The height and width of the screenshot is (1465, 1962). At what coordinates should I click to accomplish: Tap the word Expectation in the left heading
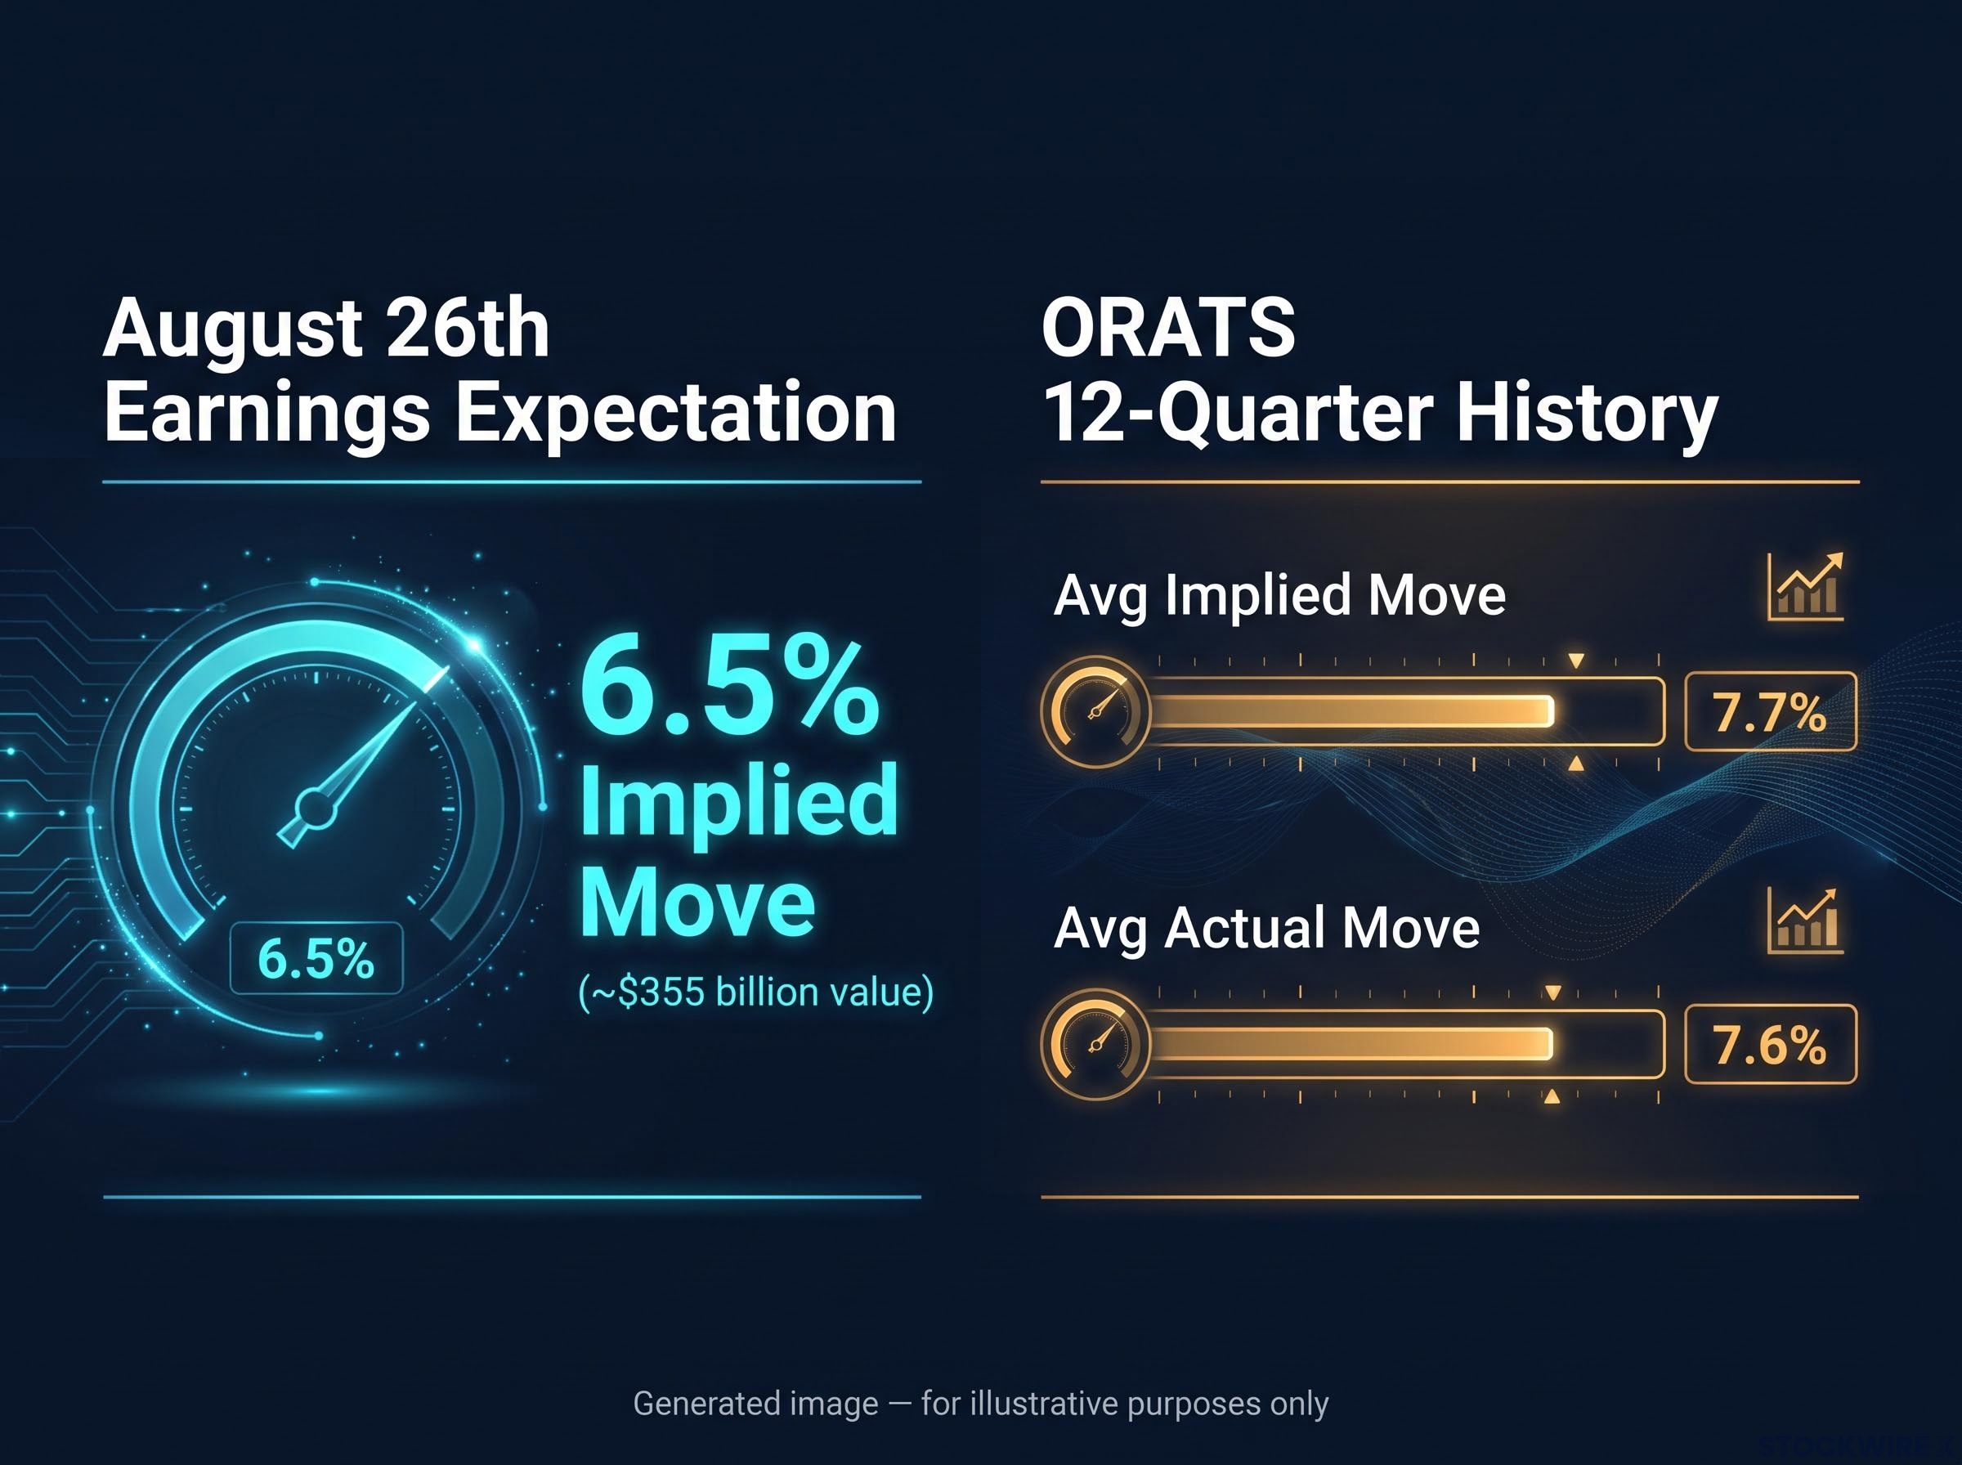pyautogui.click(x=675, y=414)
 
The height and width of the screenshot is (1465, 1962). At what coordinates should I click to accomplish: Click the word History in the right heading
pyautogui.click(x=1587, y=415)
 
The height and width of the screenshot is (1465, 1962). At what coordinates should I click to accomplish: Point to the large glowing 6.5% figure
pyautogui.click(x=728, y=688)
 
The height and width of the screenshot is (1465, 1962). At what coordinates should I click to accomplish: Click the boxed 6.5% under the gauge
pyautogui.click(x=316, y=959)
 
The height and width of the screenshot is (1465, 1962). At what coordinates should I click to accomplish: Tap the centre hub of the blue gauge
pyautogui.click(x=316, y=808)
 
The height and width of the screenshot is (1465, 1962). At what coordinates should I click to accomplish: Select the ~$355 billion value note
pyautogui.click(x=755, y=992)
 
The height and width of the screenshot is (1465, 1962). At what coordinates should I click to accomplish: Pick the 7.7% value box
pyautogui.click(x=1770, y=711)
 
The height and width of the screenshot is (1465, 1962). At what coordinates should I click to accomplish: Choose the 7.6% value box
pyautogui.click(x=1770, y=1044)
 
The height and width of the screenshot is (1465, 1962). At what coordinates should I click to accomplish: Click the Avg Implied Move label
pyautogui.click(x=1279, y=596)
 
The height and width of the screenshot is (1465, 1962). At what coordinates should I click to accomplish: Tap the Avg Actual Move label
pyautogui.click(x=1267, y=929)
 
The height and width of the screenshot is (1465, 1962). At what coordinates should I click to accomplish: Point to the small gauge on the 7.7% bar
pyautogui.click(x=1095, y=711)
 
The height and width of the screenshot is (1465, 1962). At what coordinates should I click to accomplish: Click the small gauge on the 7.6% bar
pyautogui.click(x=1095, y=1044)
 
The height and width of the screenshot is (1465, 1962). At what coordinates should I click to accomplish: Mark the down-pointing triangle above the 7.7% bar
pyautogui.click(x=1575, y=661)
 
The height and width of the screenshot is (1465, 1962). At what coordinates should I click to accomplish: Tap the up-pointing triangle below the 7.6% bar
pyautogui.click(x=1552, y=1097)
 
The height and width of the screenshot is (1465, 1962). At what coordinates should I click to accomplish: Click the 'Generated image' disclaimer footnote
pyautogui.click(x=980, y=1404)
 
